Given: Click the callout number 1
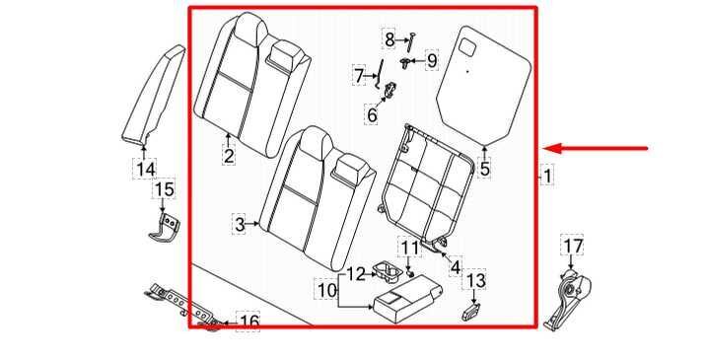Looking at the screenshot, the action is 547,177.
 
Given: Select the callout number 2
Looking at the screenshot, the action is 229,156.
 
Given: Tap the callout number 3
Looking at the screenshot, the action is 240,224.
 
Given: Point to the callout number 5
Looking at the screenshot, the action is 484,169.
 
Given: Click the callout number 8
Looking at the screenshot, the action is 389,39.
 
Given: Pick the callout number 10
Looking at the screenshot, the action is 327,290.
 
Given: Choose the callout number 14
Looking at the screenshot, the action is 146,170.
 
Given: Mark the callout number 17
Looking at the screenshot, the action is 572,247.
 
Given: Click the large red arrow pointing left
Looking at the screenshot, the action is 596,148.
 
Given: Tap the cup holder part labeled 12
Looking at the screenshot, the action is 388,271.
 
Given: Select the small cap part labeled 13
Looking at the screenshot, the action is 471,312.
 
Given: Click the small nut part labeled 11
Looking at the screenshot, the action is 411,273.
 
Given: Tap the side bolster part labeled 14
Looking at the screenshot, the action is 154,95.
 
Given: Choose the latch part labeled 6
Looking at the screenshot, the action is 390,90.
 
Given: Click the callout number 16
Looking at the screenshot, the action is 248,323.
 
